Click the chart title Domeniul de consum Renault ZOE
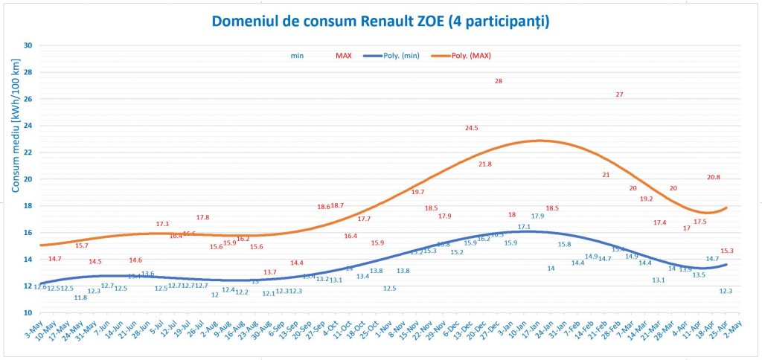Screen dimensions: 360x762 pyautogui.click(x=380, y=21)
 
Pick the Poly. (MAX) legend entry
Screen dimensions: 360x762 pyautogui.click(x=472, y=55)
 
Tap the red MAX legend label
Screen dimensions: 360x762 pyautogui.click(x=343, y=55)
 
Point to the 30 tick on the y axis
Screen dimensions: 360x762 pyautogui.click(x=28, y=45)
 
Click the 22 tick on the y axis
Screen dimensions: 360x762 pyautogui.click(x=28, y=152)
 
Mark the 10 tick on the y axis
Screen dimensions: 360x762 pyautogui.click(x=28, y=313)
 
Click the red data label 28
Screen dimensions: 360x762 pyautogui.click(x=499, y=81)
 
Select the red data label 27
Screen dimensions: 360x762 pyautogui.click(x=619, y=94)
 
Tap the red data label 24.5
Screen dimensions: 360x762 pyautogui.click(x=471, y=128)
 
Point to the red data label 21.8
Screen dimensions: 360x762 pyautogui.click(x=485, y=164)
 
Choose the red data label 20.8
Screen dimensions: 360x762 pyautogui.click(x=714, y=177)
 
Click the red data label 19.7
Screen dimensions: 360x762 pyautogui.click(x=417, y=192)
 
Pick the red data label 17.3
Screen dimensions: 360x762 pyautogui.click(x=162, y=224)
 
